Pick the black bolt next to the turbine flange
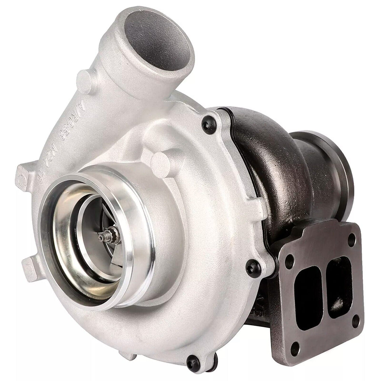tap(254, 268)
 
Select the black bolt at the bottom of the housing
tap(193, 362)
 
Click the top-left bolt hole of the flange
tap(289, 262)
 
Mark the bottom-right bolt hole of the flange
tap(355, 321)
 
